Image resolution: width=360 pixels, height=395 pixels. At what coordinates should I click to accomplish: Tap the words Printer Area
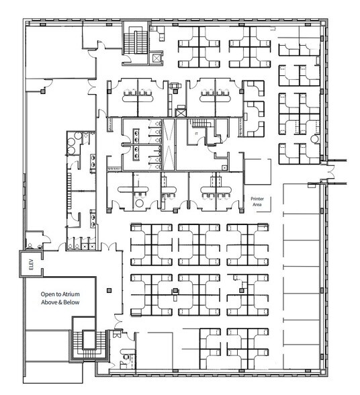click(257, 202)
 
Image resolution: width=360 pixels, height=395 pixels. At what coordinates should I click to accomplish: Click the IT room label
click(197, 134)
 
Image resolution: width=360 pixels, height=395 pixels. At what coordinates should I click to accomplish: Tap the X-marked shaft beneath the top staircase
click(156, 59)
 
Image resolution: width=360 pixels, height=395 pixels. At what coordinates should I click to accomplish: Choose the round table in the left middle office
click(140, 202)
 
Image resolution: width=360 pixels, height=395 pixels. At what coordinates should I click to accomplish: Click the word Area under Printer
click(257, 206)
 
